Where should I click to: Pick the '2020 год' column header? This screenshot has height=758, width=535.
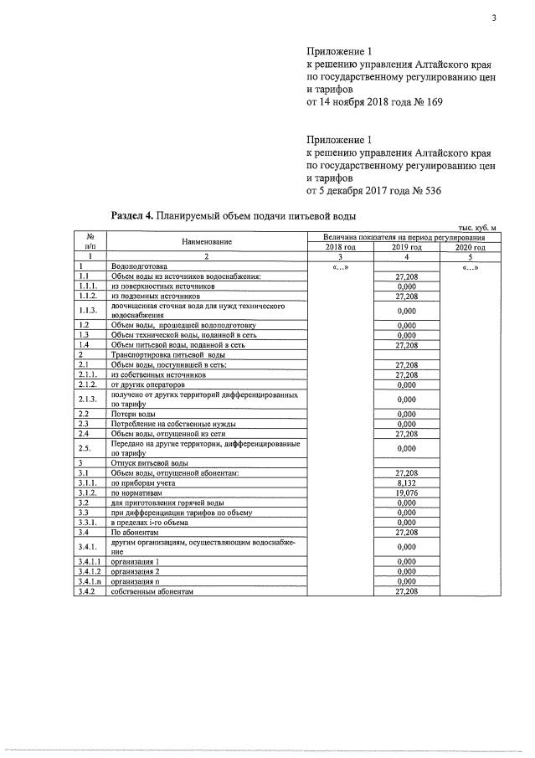tap(470, 248)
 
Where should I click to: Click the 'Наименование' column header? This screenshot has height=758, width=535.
tap(207, 242)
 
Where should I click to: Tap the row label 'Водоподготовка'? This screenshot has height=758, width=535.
tap(139, 266)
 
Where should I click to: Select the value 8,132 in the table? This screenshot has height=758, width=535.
tap(406, 483)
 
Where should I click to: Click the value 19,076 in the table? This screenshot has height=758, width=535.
tap(406, 493)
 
